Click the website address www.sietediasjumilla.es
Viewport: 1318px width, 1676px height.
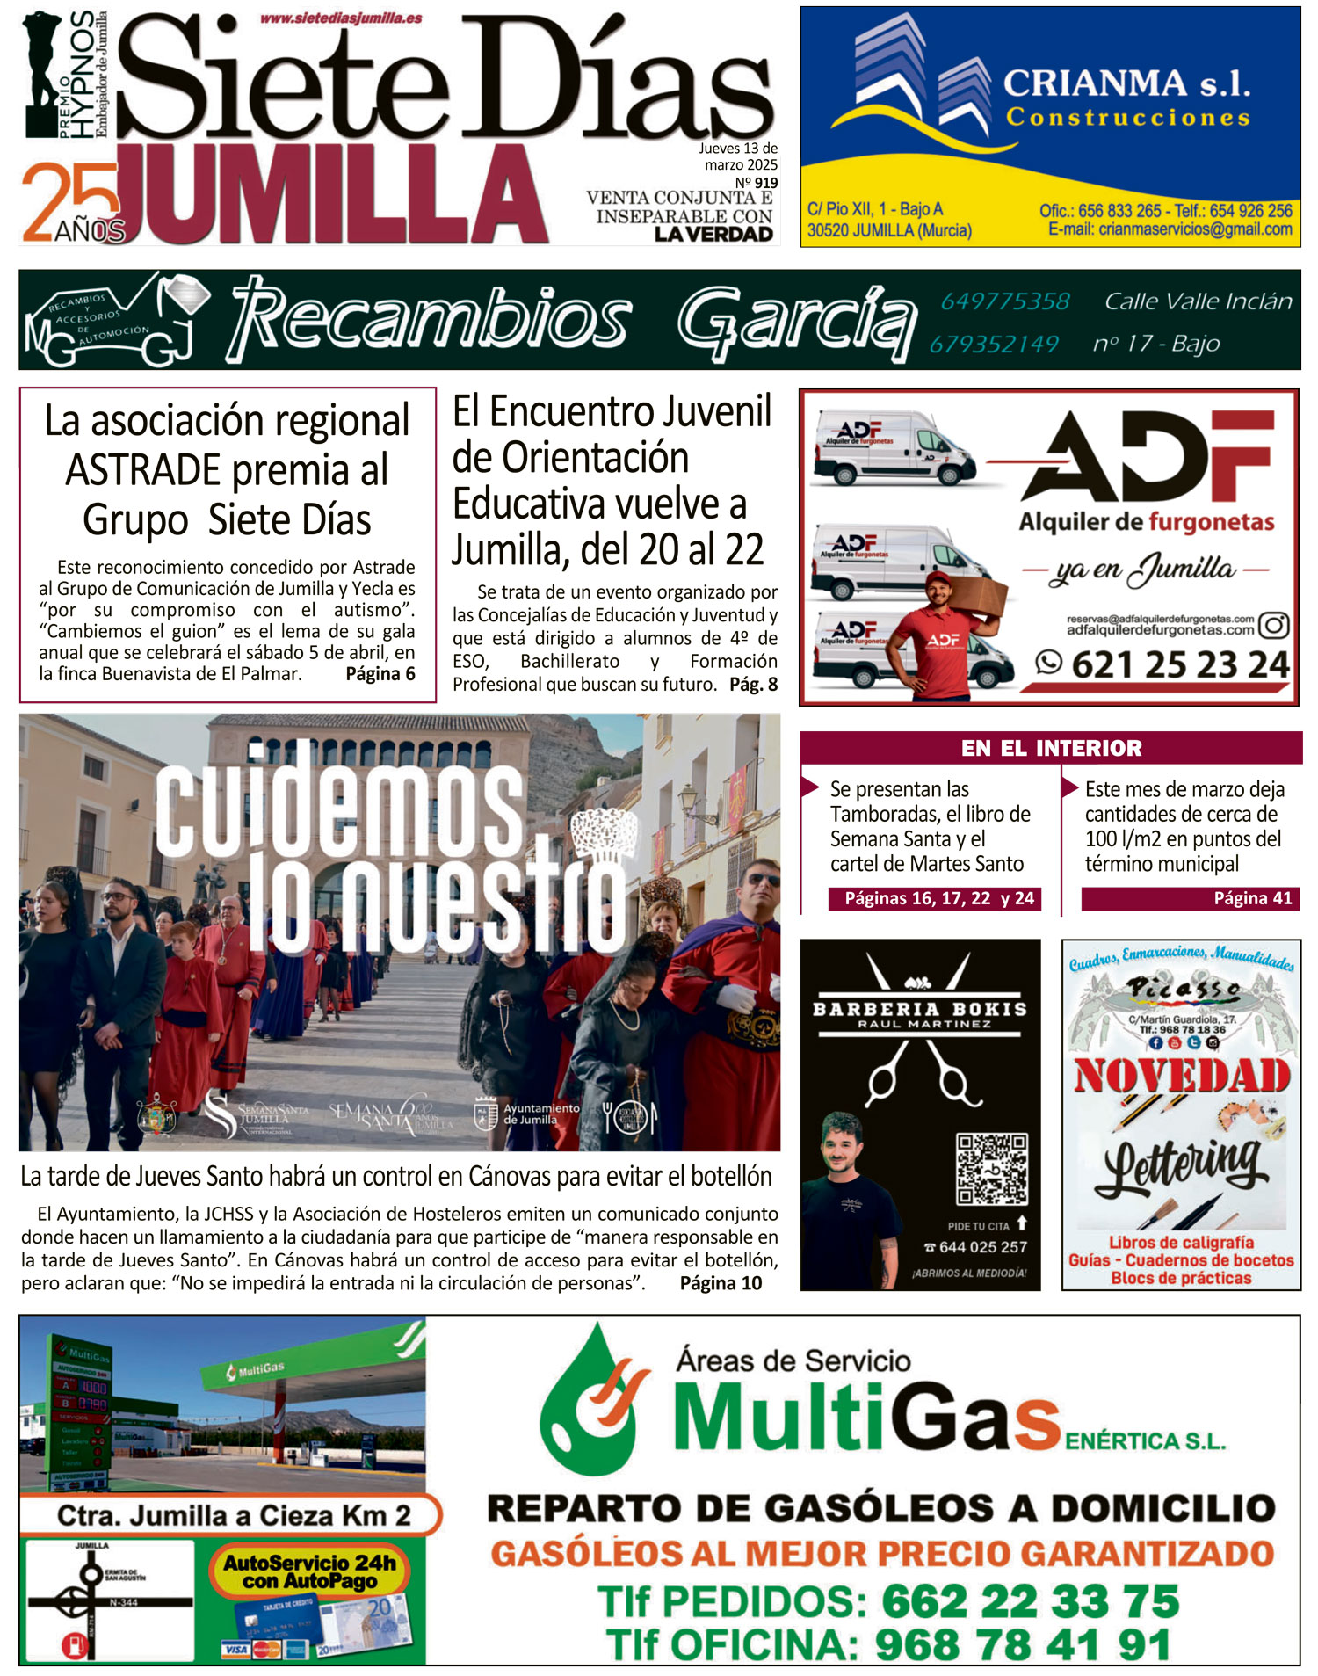341,18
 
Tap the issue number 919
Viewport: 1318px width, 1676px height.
765,183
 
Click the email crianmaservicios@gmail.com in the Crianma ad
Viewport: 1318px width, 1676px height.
1170,229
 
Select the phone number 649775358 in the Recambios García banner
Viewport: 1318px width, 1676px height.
1005,301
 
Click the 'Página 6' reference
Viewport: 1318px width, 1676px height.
380,674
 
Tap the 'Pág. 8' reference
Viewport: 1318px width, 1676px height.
753,684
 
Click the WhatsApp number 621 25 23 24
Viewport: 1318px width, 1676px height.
1179,664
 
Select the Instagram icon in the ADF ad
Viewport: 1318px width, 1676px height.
1274,625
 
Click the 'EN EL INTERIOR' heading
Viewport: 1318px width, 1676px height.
1051,748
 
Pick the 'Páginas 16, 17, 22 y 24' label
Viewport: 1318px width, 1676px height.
938,898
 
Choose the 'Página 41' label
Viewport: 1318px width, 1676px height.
1252,898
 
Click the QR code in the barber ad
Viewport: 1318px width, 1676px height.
991,1168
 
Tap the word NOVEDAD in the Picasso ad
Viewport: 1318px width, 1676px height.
1182,1076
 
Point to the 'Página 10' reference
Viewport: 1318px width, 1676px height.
721,1283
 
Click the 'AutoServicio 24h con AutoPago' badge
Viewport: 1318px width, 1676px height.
309,1571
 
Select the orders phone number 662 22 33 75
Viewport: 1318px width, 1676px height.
1030,1601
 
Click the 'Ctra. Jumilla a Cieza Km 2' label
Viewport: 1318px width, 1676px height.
234,1515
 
